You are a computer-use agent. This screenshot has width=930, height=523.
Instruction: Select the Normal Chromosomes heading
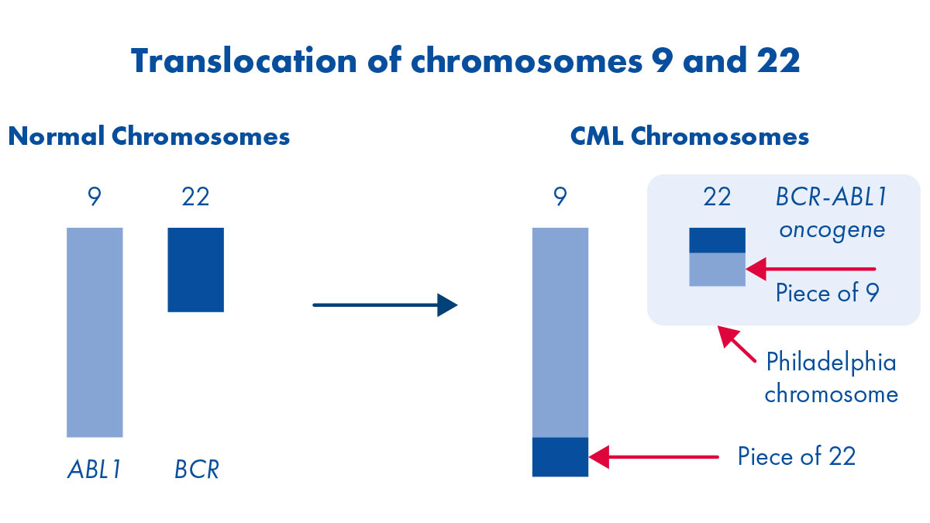(149, 137)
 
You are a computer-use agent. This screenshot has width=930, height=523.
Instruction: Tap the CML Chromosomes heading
(690, 137)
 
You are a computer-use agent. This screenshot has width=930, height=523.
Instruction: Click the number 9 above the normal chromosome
(95, 198)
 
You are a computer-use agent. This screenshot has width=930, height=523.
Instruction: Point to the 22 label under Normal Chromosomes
(195, 198)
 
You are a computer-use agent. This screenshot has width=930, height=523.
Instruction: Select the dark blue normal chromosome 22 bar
(196, 270)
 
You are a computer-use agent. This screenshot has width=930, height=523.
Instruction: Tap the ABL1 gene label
(94, 470)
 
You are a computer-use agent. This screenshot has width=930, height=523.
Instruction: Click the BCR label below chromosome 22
(196, 470)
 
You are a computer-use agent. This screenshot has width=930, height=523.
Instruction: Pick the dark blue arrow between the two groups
(385, 305)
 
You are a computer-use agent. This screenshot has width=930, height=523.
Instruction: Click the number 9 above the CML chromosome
(560, 198)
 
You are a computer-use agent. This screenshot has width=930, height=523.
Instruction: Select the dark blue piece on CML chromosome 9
(560, 457)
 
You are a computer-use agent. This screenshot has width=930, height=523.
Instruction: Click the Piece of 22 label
(796, 456)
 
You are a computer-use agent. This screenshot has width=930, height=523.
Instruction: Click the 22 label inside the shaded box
(717, 198)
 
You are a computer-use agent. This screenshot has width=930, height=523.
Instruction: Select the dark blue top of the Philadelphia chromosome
(717, 240)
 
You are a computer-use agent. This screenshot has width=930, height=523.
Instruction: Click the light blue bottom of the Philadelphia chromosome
(717, 270)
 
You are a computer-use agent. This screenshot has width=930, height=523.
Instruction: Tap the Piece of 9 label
(827, 294)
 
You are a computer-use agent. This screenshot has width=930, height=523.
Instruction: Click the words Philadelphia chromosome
(831, 378)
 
